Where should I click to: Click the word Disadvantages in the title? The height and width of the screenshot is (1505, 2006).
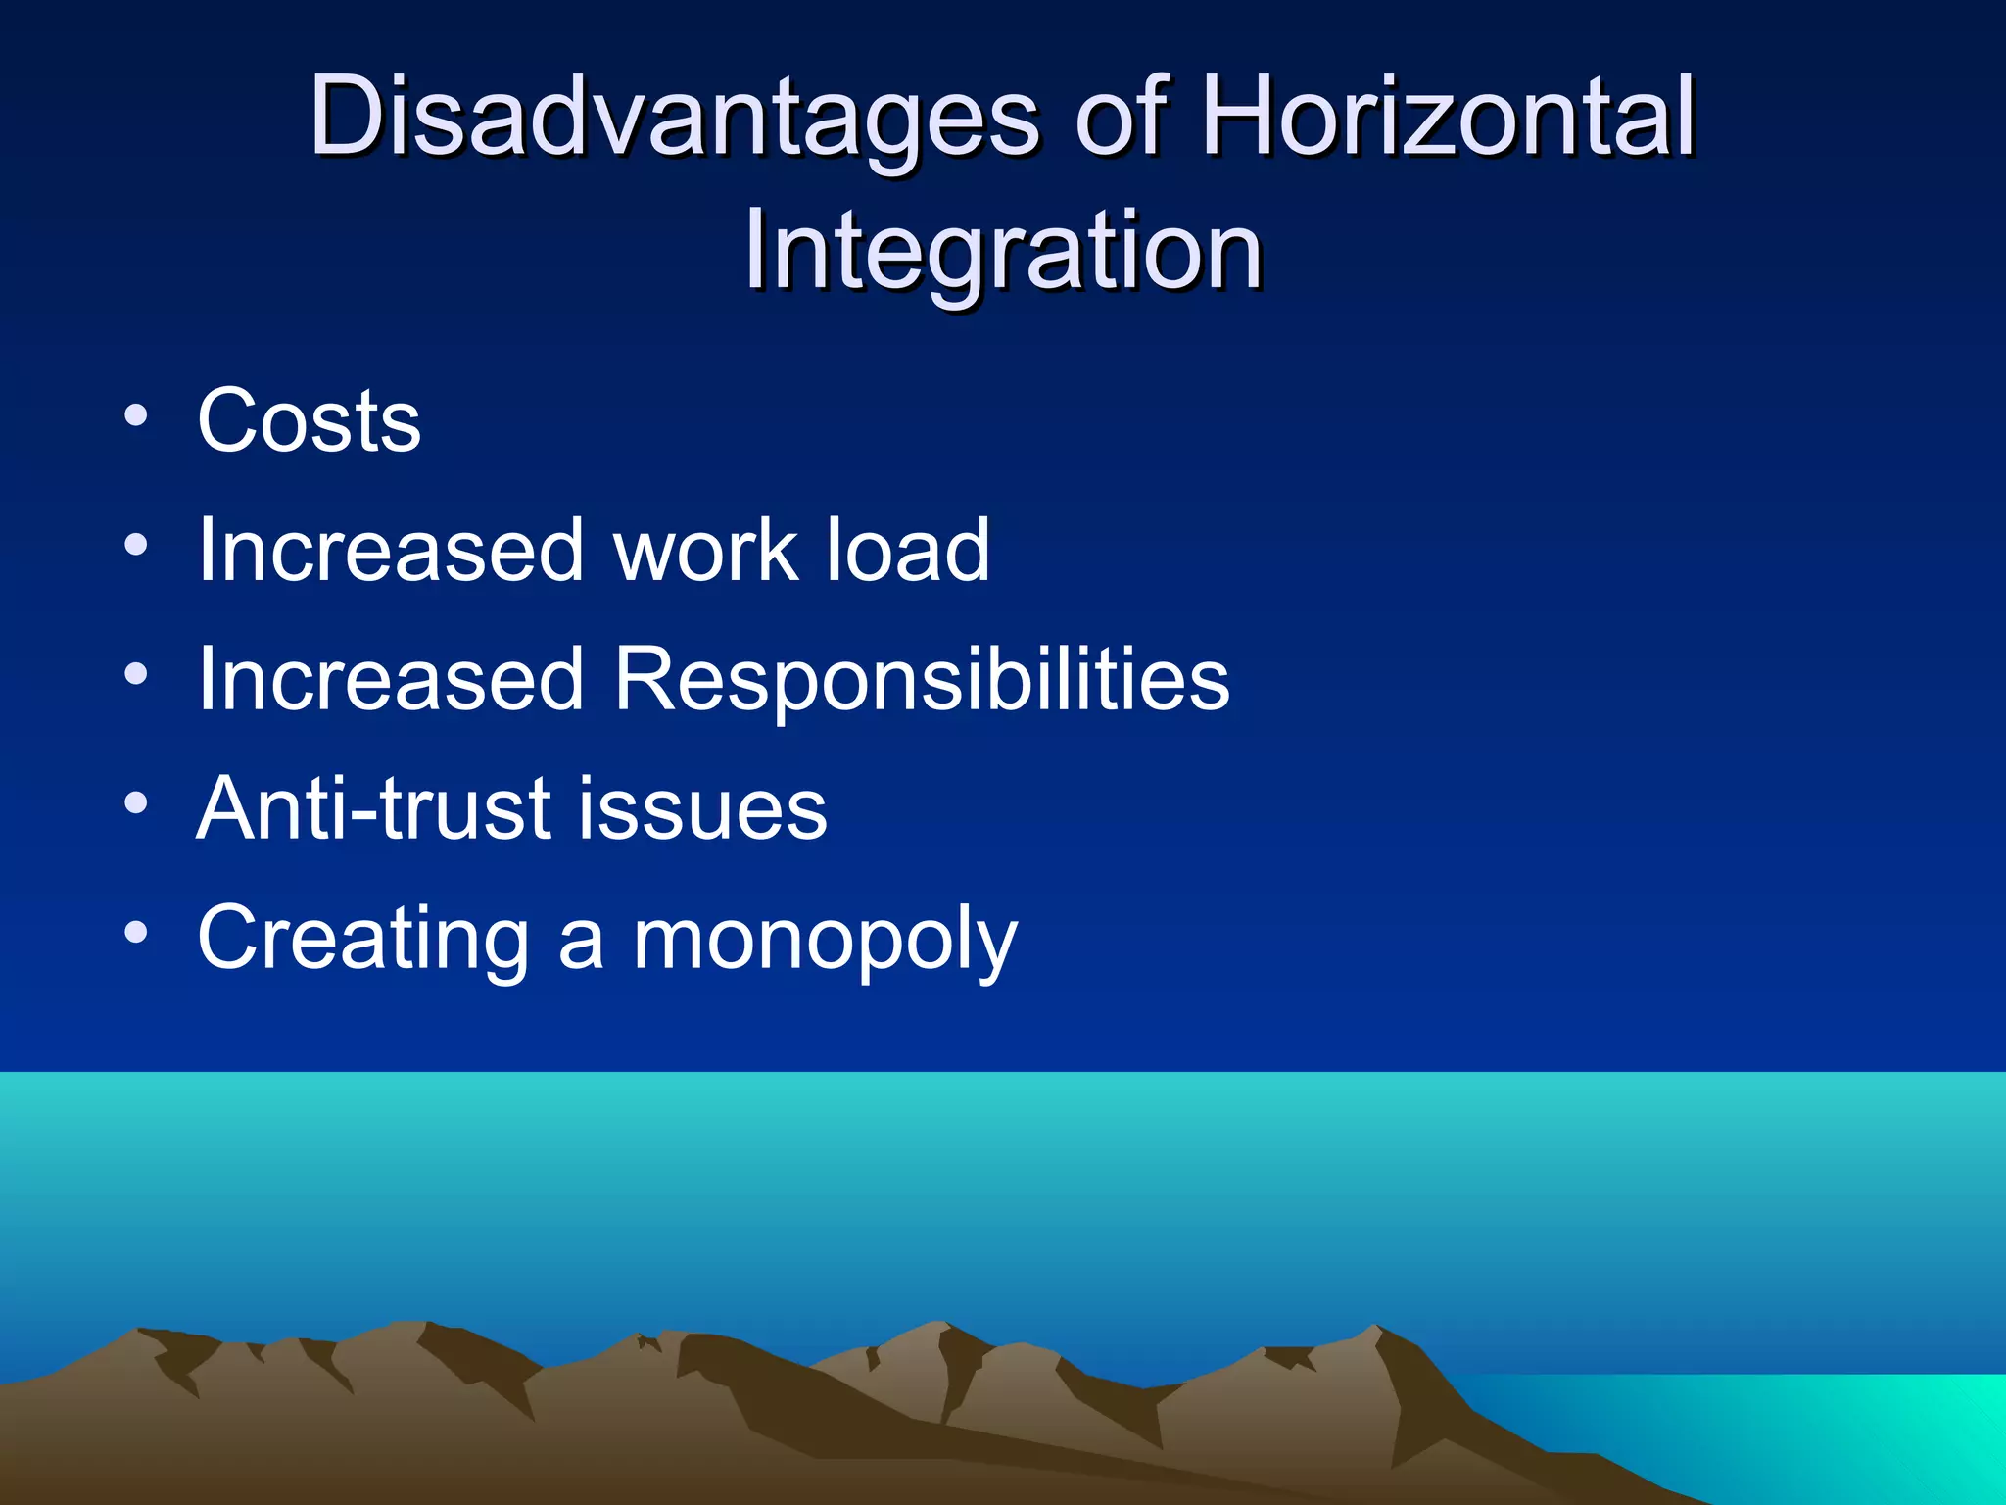pyautogui.click(x=674, y=118)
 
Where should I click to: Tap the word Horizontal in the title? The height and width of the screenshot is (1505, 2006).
pyautogui.click(x=1449, y=118)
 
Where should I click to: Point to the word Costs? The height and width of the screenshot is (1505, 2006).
pyautogui.click(x=310, y=421)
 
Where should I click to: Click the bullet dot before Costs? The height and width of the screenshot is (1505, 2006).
pyautogui.click(x=136, y=415)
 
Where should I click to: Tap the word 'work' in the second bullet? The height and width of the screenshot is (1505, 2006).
pyautogui.click(x=705, y=551)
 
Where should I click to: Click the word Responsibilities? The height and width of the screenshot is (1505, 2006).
pyautogui.click(x=921, y=680)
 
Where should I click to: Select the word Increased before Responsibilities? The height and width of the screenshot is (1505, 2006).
pyautogui.click(x=391, y=680)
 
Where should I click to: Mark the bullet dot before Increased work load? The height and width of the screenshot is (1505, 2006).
pyautogui.click(x=136, y=545)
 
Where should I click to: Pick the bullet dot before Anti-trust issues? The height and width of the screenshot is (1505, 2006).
pyautogui.click(x=136, y=803)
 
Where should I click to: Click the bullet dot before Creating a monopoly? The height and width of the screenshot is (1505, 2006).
pyautogui.click(x=136, y=933)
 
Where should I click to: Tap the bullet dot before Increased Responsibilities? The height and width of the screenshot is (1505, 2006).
pyautogui.click(x=136, y=674)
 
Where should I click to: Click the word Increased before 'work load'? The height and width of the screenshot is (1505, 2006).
pyautogui.click(x=391, y=551)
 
